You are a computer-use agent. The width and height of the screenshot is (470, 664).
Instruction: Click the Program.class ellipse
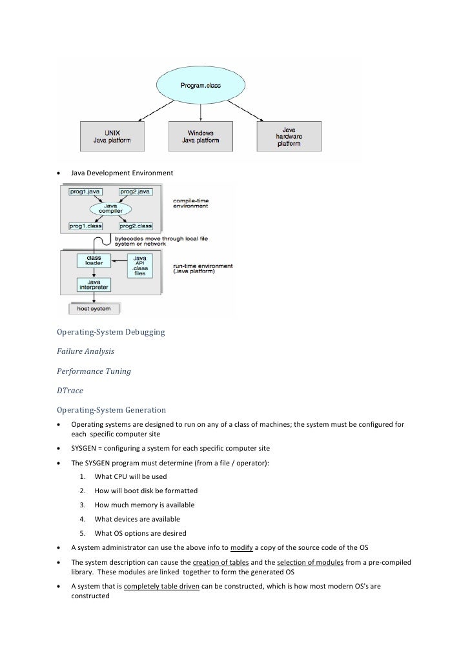pos(200,85)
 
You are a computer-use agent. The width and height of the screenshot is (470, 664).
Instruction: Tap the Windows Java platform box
pos(201,135)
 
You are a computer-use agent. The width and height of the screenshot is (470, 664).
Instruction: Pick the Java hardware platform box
pos(290,135)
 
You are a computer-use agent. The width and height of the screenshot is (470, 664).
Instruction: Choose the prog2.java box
pos(135,192)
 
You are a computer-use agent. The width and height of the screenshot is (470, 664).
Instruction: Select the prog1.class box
pos(86,226)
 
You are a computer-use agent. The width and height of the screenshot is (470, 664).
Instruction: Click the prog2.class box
pos(135,226)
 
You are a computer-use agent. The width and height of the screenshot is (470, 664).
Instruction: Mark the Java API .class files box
pos(138,264)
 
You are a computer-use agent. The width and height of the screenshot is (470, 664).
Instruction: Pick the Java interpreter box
pos(94,284)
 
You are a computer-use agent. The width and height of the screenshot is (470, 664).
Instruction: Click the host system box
pos(94,308)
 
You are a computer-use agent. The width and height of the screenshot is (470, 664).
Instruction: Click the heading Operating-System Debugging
pos(111,333)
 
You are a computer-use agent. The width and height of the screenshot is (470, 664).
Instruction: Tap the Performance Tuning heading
pos(94,371)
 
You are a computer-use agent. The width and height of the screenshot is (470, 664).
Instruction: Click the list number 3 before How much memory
pos(83,505)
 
